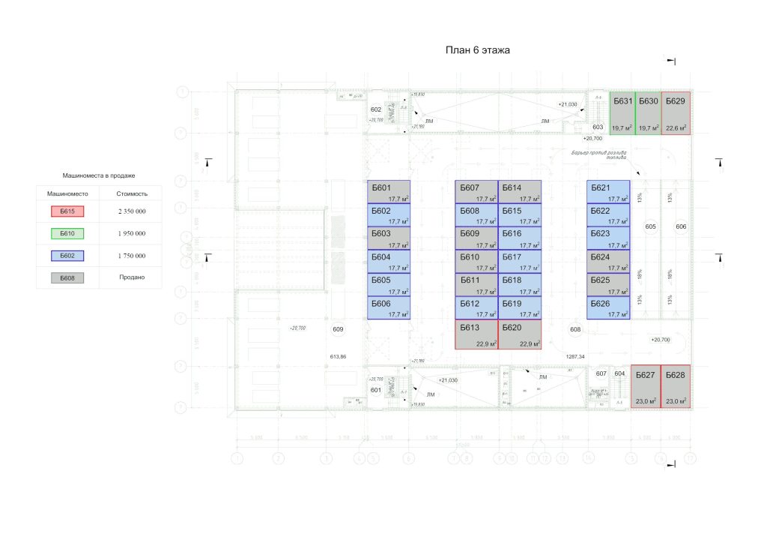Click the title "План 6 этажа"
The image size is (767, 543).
[x=477, y=50]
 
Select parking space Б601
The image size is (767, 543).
[x=389, y=191]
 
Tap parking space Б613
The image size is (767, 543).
[x=476, y=334]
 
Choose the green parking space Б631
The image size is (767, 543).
[x=622, y=113]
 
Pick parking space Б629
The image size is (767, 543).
[x=676, y=113]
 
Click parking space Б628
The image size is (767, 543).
[x=676, y=386]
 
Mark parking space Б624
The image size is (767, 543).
[x=608, y=261]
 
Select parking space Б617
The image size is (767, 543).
[x=520, y=261]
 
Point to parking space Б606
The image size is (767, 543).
[x=389, y=307]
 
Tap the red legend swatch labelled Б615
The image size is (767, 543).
[x=67, y=211]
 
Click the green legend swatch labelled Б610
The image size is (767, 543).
[x=67, y=233]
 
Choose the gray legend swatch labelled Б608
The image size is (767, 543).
[x=67, y=277]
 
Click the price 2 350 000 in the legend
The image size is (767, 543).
[x=131, y=211]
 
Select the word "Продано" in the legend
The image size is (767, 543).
[x=131, y=277]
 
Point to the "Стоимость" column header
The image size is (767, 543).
[x=131, y=193]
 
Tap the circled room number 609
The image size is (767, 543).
[x=338, y=329]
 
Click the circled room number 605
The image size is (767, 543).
[x=650, y=226]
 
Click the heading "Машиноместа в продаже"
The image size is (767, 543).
[x=99, y=175]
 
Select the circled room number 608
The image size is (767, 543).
[x=575, y=329]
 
